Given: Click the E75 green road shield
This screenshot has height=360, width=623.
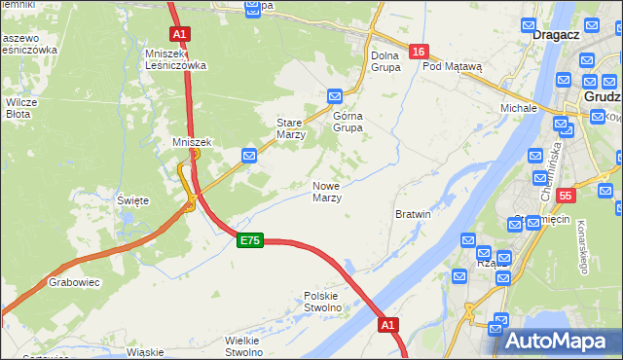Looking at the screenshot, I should (250, 240).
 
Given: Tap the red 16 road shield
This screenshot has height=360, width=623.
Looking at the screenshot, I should (418, 52).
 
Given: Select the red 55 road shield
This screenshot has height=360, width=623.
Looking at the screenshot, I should (568, 196).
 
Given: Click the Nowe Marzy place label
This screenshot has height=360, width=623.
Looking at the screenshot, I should (327, 192).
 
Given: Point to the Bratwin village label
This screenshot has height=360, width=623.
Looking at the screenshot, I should (413, 213).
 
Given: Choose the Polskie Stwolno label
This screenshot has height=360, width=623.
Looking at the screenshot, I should (322, 302).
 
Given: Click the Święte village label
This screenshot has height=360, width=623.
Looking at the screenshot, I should (132, 200).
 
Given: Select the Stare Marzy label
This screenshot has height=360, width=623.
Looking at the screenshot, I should (292, 129).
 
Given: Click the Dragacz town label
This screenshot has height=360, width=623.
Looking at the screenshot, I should (556, 34).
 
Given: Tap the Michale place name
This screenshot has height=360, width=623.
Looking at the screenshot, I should (519, 107).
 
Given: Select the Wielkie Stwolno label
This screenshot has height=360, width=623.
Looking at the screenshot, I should (245, 346).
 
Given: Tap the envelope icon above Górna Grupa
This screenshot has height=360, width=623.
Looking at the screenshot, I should (335, 96).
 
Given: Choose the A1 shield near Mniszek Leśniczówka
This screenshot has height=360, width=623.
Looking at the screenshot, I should (179, 34).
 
